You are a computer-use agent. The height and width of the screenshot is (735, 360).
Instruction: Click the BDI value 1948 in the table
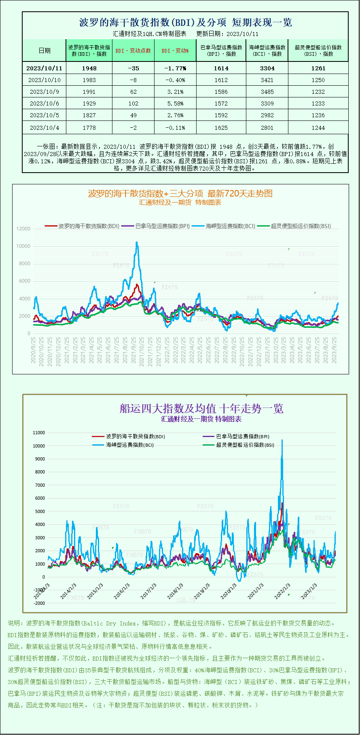(89, 68)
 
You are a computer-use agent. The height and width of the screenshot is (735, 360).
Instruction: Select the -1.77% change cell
(175, 68)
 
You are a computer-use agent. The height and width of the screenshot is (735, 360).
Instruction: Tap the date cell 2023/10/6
(44, 103)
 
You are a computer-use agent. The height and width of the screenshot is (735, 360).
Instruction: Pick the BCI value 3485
(267, 92)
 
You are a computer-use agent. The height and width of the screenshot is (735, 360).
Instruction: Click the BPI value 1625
(221, 128)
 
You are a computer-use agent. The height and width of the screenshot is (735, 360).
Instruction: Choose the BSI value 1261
(318, 68)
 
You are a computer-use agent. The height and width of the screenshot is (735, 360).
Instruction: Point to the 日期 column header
(44, 51)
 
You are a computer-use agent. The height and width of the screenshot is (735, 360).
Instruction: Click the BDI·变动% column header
(175, 51)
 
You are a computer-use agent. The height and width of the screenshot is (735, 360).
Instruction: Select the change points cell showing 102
(133, 103)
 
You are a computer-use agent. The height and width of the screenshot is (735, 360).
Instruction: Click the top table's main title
(186, 22)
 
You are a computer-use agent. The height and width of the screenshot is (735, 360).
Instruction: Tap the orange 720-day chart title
(180, 194)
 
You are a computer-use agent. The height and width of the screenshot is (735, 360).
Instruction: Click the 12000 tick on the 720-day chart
(23, 229)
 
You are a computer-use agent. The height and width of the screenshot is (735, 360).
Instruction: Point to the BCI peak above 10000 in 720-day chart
(137, 243)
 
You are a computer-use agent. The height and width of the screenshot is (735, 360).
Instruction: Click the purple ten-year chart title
(201, 408)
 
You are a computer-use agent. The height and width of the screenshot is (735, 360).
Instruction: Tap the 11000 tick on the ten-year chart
(39, 433)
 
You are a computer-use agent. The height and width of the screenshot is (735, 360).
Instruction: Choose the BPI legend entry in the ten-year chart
(242, 437)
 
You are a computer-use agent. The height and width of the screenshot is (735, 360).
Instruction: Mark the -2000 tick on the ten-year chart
(39, 603)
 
